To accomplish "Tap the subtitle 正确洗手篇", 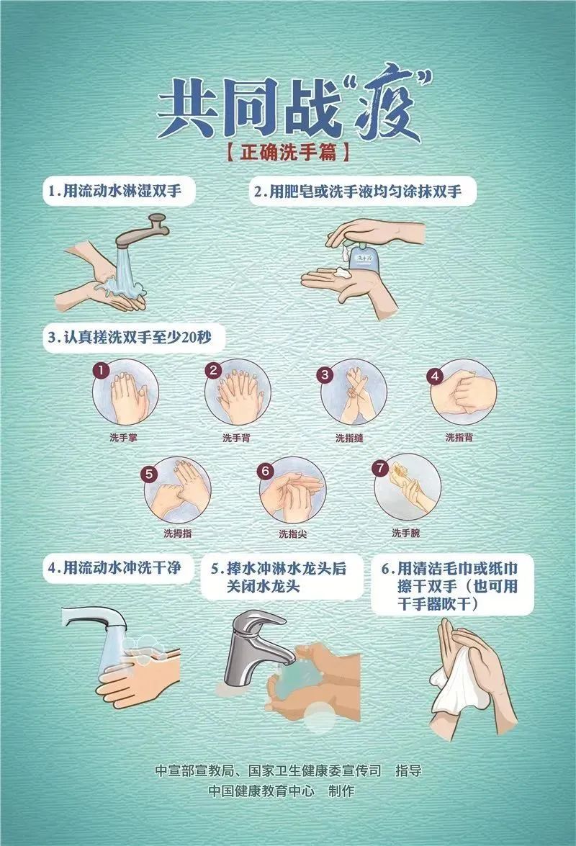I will pyautogui.click(x=287, y=153).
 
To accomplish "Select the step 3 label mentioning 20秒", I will pyautogui.click(x=135, y=336).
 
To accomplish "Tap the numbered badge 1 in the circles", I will pyautogui.click(x=102, y=370).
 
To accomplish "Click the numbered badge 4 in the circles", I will pyautogui.click(x=434, y=375).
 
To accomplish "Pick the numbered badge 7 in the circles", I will pyautogui.click(x=379, y=467).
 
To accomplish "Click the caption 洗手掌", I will pyautogui.click(x=123, y=437).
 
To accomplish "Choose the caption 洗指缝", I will pyautogui.click(x=348, y=437).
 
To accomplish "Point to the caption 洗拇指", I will pyautogui.click(x=177, y=534).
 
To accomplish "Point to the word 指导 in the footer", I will pyautogui.click(x=408, y=770).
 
